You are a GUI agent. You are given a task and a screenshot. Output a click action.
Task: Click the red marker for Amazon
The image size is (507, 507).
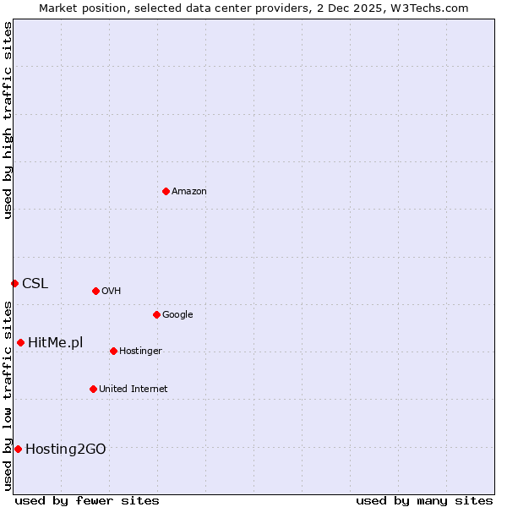166,191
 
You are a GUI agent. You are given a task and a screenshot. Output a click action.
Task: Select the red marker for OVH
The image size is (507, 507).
95,291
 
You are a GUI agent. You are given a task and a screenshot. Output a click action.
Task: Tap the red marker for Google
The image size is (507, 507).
156,314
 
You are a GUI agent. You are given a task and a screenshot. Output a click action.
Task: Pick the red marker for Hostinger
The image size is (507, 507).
113,351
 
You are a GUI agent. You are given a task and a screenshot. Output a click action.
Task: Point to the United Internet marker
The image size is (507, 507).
93,389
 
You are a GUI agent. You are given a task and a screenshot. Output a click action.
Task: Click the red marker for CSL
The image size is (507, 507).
14,283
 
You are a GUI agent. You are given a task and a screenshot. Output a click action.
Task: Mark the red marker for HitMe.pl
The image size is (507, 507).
20,342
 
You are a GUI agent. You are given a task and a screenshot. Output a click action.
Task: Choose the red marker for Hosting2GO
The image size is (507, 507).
18,449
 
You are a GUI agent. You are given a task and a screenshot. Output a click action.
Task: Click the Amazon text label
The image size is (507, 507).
189,192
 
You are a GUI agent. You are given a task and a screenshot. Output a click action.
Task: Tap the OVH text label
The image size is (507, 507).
111,292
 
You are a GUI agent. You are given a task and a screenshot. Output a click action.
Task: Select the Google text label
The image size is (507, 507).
177,315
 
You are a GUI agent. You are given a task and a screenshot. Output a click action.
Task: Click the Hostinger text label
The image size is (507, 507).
140,352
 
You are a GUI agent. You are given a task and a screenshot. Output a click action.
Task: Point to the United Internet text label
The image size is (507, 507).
133,390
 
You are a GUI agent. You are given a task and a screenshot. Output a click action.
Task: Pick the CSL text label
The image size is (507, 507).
35,284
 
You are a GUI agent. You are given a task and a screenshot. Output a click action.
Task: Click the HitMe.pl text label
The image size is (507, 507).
55,343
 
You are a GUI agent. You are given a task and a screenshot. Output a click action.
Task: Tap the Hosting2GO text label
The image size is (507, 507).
65,450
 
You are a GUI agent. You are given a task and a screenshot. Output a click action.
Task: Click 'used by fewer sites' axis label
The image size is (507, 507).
87,500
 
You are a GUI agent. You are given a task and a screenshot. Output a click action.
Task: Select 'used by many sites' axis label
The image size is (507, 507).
424,500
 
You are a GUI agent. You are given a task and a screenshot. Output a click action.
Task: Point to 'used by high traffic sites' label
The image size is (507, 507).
8,120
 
